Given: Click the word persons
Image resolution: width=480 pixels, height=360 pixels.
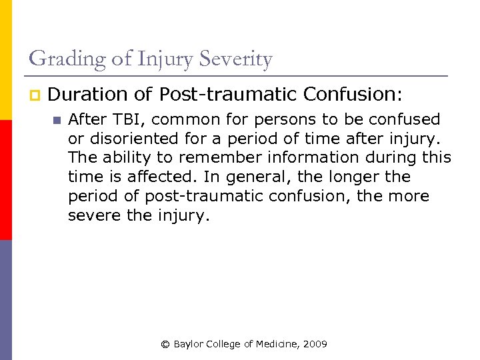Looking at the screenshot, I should coord(285,120).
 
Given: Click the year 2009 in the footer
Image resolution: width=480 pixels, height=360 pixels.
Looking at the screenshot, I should coord(314,344).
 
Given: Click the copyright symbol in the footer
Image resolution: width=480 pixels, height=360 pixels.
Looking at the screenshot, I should coord(165,344).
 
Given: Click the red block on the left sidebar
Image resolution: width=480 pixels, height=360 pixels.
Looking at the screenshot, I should coord(6,180).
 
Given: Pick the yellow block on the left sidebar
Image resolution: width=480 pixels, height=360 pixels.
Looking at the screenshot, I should coord(6,60).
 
